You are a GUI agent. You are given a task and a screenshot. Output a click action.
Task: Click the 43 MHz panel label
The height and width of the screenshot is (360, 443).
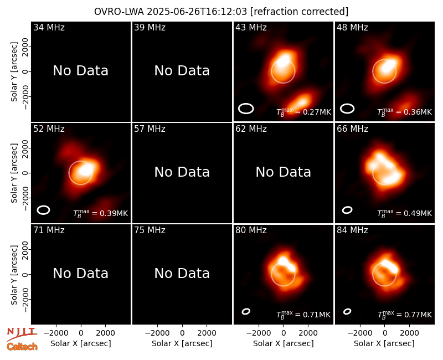pos(251,27)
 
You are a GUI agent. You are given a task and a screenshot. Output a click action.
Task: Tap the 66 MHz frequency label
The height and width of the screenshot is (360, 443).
pos(352,129)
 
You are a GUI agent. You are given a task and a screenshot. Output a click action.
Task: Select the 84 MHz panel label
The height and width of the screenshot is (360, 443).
pos(352,230)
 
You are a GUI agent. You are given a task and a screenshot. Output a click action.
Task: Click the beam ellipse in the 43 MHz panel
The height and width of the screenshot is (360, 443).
pos(246,109)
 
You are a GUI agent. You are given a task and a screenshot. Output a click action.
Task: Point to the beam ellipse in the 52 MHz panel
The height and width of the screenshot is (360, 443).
pos(43,210)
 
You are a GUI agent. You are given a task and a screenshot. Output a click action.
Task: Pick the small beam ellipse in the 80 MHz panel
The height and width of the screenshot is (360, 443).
pos(246,311)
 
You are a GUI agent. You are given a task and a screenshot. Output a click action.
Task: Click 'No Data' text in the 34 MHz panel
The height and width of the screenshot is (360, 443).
pos(80,71)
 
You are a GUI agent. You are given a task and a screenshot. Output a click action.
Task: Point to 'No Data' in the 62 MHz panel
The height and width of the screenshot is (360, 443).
pos(283,172)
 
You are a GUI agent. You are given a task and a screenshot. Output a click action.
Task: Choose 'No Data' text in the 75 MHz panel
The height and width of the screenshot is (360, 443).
pos(182,274)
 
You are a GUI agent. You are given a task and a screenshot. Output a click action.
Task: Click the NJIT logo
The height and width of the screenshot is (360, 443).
pos(22,334)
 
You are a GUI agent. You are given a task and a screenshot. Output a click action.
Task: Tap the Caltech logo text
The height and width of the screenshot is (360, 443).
pos(22,347)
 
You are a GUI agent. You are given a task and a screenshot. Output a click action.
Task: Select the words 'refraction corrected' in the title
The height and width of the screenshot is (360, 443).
pos(300,12)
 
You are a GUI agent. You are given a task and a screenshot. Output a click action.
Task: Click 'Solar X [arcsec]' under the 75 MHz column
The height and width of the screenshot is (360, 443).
pos(182,343)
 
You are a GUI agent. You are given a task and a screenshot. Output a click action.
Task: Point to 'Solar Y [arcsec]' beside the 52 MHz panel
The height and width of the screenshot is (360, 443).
pos(14,173)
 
